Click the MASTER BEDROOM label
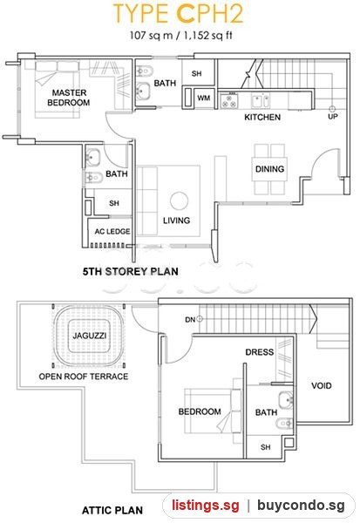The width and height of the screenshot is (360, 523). click(69, 98)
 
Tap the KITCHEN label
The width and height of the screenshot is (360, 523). click(262, 117)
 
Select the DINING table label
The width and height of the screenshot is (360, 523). click(269, 169)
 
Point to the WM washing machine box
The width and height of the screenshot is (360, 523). click(203, 98)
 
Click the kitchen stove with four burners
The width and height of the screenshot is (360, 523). click(229, 101)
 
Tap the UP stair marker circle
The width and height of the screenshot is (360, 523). click(332, 109)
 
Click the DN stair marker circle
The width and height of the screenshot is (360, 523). click(200, 319)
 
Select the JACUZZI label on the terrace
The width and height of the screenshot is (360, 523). click(90, 336)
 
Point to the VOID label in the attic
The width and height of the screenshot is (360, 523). click(322, 386)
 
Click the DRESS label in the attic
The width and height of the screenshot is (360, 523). click(259, 352)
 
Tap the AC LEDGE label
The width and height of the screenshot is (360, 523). click(112, 232)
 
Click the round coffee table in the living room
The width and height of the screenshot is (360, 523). click(179, 200)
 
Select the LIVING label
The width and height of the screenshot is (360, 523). click(176, 221)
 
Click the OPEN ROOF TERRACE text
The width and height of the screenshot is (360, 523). click(84, 377)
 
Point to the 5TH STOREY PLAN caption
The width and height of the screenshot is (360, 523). click(131, 271)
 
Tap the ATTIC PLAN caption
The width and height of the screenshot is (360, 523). click(112, 510)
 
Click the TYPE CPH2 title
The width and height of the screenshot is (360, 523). click(179, 14)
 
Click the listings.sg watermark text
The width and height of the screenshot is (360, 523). click(206, 505)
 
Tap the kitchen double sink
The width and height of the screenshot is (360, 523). click(261, 101)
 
